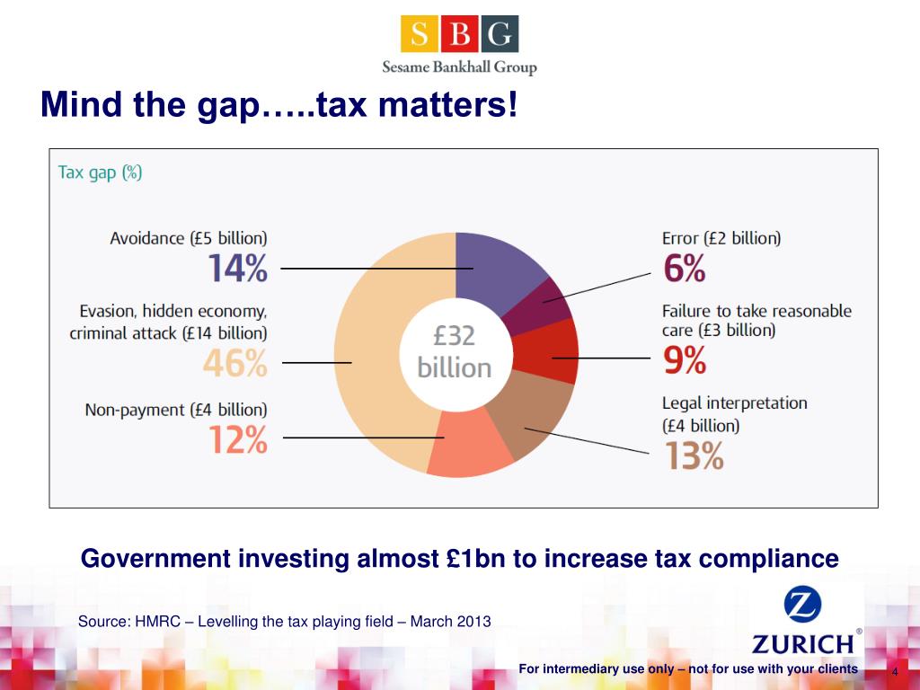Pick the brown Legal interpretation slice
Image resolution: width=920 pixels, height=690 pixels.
[535, 418]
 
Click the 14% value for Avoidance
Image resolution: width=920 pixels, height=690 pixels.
[237, 269]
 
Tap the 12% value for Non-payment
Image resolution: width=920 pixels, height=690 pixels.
[237, 439]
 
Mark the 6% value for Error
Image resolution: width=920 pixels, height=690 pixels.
[684, 268]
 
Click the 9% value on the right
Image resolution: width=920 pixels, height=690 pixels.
[685, 360]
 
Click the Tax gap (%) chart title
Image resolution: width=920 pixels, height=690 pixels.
[100, 172]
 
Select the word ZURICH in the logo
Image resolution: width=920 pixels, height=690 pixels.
[802, 643]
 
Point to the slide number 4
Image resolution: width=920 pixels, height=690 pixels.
[895, 673]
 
